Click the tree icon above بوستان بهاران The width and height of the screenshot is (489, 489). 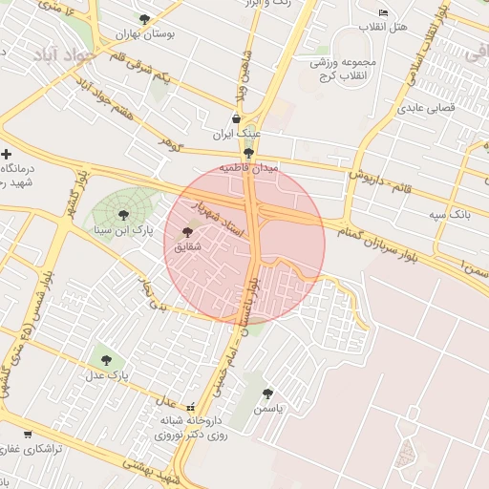[x=144, y=19]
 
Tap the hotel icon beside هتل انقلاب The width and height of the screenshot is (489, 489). [x=383, y=13]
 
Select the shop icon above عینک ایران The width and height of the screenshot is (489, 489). [x=236, y=118]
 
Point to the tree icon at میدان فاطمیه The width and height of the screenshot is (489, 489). [x=249, y=152]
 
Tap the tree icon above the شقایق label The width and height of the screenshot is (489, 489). [x=186, y=231]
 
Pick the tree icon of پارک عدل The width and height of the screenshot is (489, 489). [x=106, y=360]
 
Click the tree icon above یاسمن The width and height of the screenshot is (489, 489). [x=267, y=393]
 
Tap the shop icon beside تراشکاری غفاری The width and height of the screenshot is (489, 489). [x=27, y=435]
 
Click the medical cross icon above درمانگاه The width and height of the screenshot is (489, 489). [x=7, y=154]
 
